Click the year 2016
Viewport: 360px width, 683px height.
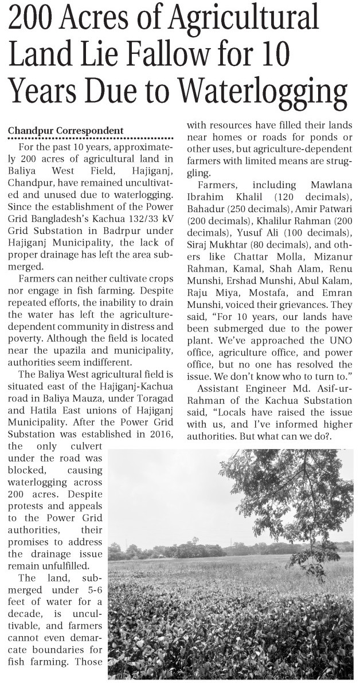pyautogui.click(x=161, y=435)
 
